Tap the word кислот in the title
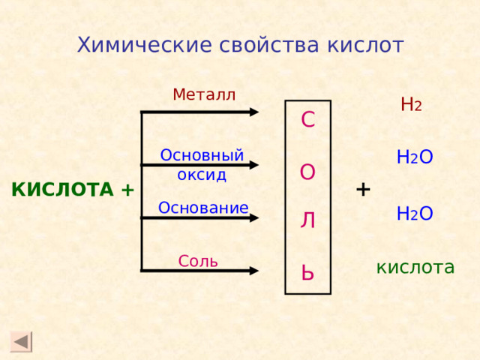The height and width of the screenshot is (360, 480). (x=365, y=46)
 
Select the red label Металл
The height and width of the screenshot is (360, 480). (x=203, y=94)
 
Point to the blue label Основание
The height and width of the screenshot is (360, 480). (x=202, y=208)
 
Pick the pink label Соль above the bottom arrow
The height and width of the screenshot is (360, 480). (x=198, y=261)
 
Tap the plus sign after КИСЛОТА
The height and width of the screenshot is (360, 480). (x=127, y=190)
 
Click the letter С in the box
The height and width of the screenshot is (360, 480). (x=307, y=120)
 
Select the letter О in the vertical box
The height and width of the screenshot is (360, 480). (x=307, y=172)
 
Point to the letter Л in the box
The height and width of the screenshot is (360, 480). (x=307, y=220)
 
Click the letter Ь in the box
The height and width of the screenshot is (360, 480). (x=307, y=271)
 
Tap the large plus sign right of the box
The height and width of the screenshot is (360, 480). (x=363, y=188)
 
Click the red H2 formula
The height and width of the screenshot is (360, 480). (x=411, y=105)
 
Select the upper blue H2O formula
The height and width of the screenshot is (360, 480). (x=415, y=157)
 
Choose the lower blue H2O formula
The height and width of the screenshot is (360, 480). (x=415, y=214)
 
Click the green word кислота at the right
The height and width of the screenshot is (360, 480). (x=415, y=267)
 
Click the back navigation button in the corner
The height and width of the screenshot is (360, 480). (x=22, y=341)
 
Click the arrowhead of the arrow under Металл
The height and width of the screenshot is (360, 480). (x=253, y=112)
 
